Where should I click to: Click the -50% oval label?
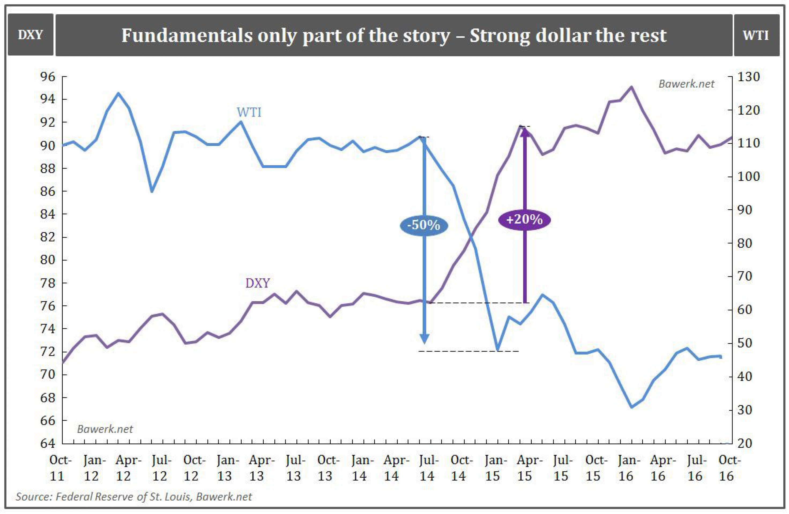[424, 225]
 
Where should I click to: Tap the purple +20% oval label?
[524, 219]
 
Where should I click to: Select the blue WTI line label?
[249, 113]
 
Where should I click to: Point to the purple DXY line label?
[258, 283]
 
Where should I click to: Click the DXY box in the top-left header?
[31, 35]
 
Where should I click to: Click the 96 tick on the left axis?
[48, 77]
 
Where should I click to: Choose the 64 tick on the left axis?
[48, 443]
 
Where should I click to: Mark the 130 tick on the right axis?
[748, 77]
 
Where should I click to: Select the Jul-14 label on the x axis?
[428, 468]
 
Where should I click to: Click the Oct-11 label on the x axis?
[60, 468]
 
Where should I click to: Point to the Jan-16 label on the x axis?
[628, 468]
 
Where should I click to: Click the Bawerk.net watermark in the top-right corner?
[686, 84]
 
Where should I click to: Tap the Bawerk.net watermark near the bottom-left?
[105, 429]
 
